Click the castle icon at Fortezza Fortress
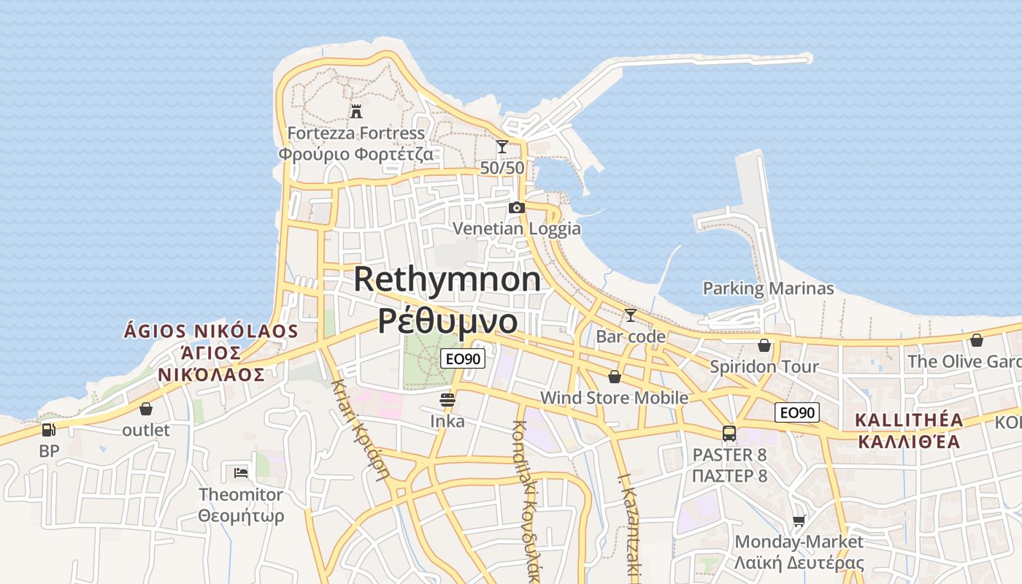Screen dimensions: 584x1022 tap(356, 112)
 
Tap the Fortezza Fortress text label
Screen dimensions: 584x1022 tap(356, 134)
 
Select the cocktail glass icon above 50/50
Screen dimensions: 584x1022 tap(502, 147)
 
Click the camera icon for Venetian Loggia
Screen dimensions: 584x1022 tap(517, 207)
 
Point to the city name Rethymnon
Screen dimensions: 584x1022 tap(447, 280)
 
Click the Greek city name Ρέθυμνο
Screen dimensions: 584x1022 tap(447, 320)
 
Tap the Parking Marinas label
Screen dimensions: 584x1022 tap(768, 288)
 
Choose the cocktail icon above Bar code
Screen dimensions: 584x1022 tap(630, 315)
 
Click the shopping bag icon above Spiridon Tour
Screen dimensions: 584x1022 tap(764, 345)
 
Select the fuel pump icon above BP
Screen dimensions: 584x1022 tap(49, 430)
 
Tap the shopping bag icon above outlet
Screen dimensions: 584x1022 tap(146, 409)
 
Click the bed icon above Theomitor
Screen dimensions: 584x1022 tap(241, 472)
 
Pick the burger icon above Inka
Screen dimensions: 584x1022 tap(447, 400)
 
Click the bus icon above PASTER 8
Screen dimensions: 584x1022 tap(729, 434)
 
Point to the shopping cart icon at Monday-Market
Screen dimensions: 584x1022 tap(799, 520)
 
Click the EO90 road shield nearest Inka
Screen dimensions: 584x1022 tap(463, 358)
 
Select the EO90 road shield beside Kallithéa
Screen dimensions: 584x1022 tap(797, 412)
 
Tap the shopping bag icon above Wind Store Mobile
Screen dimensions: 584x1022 tap(615, 377)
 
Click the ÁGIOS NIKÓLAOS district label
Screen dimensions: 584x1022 tap(211, 331)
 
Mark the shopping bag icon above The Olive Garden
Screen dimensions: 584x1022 tap(977, 340)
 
